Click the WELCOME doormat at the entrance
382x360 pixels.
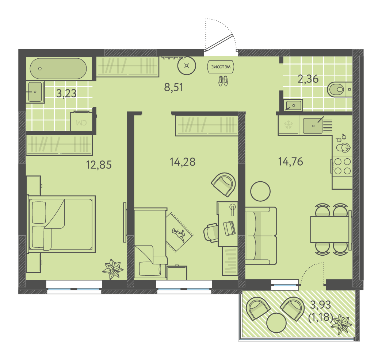coord(221,66)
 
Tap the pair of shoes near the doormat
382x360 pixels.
coord(223,81)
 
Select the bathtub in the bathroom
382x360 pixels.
coord(58,69)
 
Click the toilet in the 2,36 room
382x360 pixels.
coord(337,89)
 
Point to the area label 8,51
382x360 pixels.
coord(173,87)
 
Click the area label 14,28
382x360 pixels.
coord(183,162)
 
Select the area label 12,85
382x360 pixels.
coord(99,164)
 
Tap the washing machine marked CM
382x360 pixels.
coord(81,121)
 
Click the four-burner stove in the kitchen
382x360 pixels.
coord(342,166)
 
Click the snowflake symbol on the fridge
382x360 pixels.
coord(289,125)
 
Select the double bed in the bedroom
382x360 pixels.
coord(61,224)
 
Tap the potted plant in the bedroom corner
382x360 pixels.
coord(112,269)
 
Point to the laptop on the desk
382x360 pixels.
coord(229,228)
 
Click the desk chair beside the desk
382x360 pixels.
coord(211,233)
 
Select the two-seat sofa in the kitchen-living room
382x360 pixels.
coord(261,236)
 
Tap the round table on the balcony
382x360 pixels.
coord(276,323)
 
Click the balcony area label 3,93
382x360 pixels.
coord(320,305)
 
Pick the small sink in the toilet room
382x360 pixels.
coord(293,105)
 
